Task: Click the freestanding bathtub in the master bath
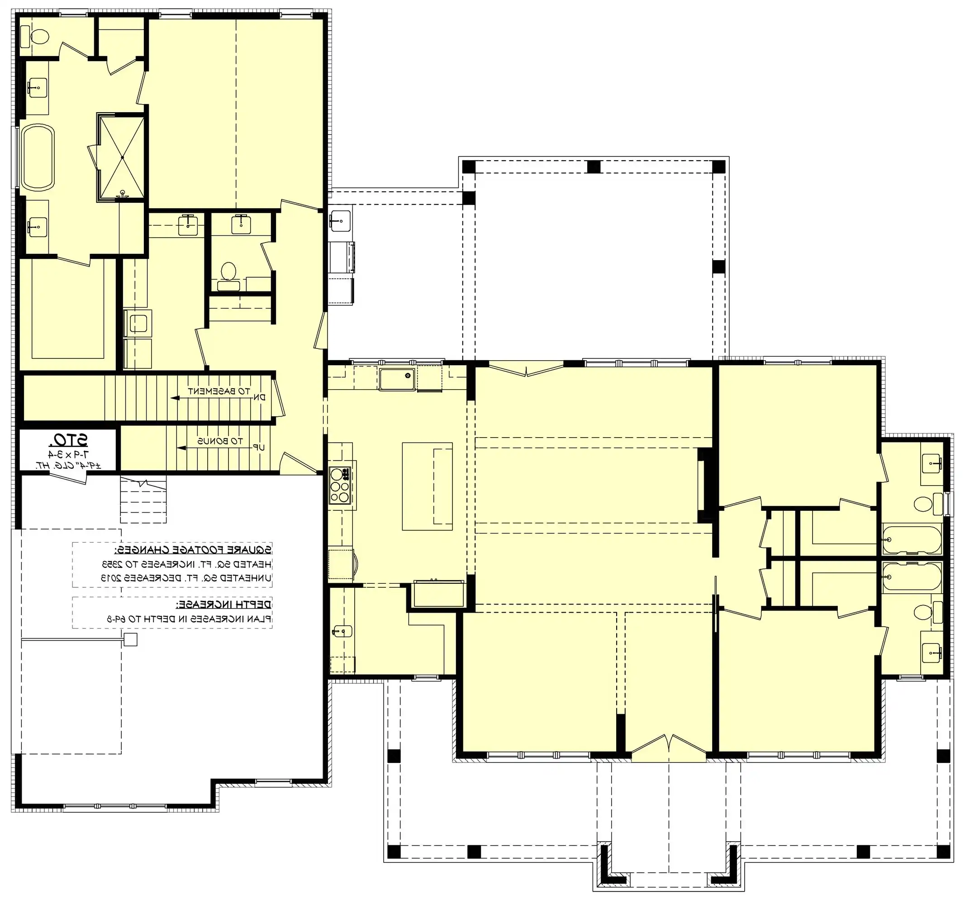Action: [38, 157]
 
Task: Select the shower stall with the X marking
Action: [122, 158]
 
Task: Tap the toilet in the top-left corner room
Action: [39, 36]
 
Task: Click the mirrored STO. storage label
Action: [68, 440]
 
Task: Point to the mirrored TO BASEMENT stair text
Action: [219, 391]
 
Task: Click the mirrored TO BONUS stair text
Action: [219, 441]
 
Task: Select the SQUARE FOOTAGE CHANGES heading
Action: [193, 550]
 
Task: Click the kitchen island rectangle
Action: [427, 486]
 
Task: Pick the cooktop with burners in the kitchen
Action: [340, 485]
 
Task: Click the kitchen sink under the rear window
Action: [397, 379]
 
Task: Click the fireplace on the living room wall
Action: [704, 485]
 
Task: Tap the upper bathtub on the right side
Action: [912, 539]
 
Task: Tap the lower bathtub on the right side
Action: [912, 576]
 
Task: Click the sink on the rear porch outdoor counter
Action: [340, 221]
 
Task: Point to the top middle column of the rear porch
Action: [594, 167]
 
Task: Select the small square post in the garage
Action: [131, 639]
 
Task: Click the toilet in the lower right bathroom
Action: [922, 612]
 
